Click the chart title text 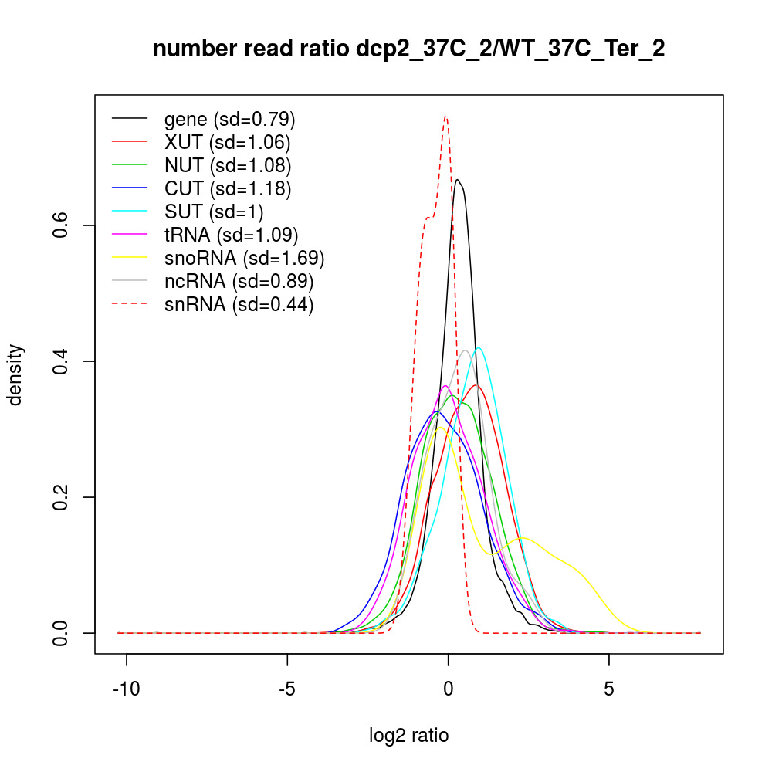coord(408,49)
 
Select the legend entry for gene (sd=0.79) coord(229,120)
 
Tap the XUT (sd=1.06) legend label coord(227,143)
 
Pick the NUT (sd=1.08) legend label coord(228,166)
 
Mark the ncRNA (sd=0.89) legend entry coord(239,282)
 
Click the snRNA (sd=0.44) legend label coord(239,305)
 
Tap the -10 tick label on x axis coord(127,688)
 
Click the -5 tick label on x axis coord(287,688)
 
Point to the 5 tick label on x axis coord(609,688)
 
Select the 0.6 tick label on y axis coord(62,225)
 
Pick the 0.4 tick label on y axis coord(62,361)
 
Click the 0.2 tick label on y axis coord(62,497)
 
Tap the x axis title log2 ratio coord(409,736)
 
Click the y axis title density coord(17,374)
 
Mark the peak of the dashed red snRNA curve coord(445,117)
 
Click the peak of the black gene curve coord(458,180)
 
